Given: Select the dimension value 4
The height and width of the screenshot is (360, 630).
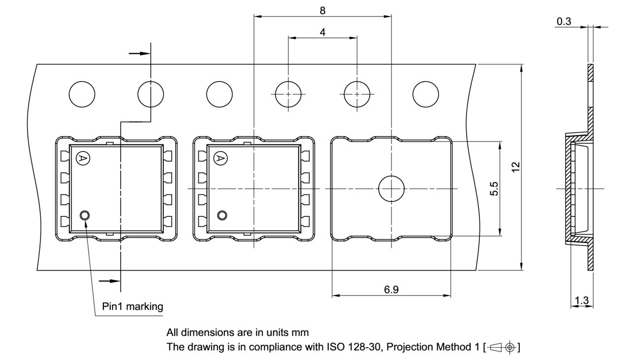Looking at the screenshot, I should tap(322, 32).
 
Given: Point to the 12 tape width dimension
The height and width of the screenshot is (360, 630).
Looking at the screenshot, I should tap(515, 167).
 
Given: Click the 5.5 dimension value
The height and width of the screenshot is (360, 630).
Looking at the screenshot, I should tap(494, 188).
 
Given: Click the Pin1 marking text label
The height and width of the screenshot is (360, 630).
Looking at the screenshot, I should tap(132, 306).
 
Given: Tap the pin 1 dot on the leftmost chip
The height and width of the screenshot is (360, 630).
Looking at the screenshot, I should tap(85, 215).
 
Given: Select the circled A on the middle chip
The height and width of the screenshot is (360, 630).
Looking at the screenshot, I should tap(220, 158).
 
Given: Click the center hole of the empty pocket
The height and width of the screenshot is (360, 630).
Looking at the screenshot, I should tap(391, 189).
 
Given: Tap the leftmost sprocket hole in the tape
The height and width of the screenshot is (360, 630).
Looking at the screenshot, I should tap(82, 93).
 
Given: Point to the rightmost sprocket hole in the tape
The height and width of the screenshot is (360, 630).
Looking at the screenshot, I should tap(425, 93).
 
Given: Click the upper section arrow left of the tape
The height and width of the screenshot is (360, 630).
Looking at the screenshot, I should tap(138, 53).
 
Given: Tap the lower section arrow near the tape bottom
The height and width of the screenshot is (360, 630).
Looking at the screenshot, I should tap(109, 281).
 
